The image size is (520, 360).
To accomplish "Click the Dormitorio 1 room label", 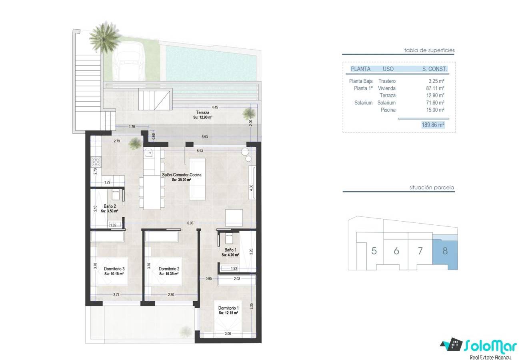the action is click(x=228, y=308).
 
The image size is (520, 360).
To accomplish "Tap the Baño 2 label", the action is click(x=110, y=206).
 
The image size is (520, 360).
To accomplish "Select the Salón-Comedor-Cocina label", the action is click(x=182, y=175).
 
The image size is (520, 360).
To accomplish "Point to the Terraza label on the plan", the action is click(x=203, y=112).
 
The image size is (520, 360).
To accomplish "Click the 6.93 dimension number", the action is click(x=190, y=223).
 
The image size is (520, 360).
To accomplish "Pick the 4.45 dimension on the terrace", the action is click(x=215, y=107).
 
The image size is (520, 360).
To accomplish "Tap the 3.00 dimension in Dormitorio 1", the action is click(x=228, y=334).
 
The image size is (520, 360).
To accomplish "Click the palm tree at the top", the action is click(x=105, y=36).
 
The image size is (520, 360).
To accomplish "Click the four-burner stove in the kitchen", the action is click(x=96, y=162).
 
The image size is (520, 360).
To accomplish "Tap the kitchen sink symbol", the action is click(x=148, y=153).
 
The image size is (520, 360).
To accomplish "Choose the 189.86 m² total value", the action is click(x=433, y=125).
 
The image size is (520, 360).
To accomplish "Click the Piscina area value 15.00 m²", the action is click(x=435, y=110).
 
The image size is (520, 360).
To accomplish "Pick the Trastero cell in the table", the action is click(x=387, y=81).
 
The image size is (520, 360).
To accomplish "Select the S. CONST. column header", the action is click(x=434, y=69).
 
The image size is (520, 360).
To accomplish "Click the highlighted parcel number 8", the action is click(x=445, y=251).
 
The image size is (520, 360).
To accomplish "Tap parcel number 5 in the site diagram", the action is click(x=374, y=251).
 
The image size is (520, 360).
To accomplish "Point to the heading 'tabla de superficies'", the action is click(x=429, y=50).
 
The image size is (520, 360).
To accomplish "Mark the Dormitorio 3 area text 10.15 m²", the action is click(x=114, y=274).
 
